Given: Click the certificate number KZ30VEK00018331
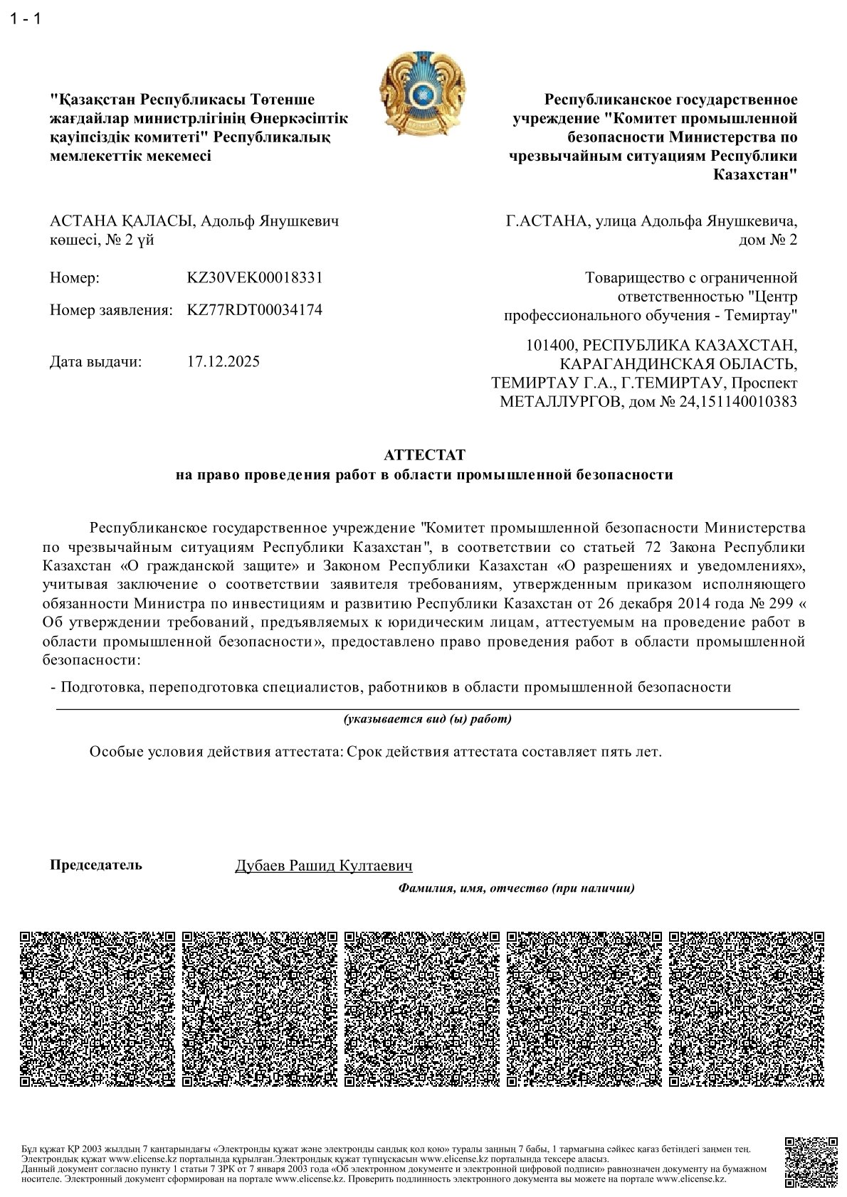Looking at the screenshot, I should pos(254,277).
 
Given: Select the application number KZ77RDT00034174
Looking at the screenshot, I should pos(254,310).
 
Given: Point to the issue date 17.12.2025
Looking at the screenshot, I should pos(223,361).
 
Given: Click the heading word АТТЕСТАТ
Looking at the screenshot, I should pos(423,454).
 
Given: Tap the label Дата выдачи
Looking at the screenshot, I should pos(96,361).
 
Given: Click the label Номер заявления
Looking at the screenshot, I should pos(111,310).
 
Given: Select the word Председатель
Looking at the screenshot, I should pos(96,865).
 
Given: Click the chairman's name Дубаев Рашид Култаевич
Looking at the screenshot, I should pos(324,866).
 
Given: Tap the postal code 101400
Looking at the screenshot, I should pos(549,346).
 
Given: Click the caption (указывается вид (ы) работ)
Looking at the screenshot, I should pos(427,719).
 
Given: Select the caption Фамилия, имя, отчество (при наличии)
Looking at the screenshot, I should pos(516,888).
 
